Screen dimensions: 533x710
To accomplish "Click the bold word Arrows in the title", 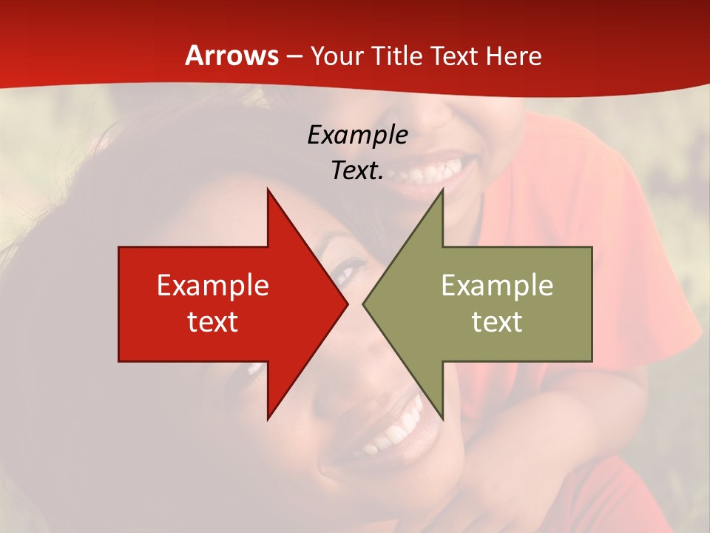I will point(231,56).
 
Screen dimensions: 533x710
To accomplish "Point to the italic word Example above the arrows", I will point(357,135).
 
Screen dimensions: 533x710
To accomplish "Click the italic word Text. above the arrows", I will point(357,171).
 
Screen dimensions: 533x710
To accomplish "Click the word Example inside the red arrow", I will point(212,286).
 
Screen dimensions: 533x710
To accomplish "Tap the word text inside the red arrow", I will point(212,322).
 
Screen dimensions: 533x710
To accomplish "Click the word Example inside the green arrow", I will point(497,286).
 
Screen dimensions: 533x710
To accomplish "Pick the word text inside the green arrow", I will point(497,322).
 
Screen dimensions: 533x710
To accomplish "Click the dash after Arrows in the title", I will point(294,57).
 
